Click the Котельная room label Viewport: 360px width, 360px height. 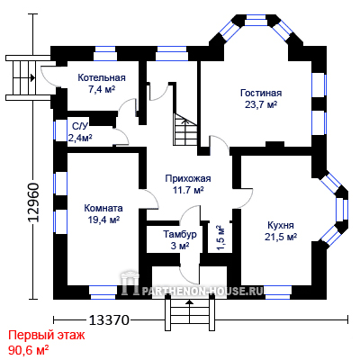(102, 77)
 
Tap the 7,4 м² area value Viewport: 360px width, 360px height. (102, 89)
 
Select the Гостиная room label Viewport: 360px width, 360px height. (261, 93)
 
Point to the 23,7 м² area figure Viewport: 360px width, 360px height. (261, 104)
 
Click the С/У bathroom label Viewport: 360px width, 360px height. (80, 126)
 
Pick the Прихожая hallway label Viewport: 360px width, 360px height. (188, 178)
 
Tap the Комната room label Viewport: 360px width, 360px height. (103, 208)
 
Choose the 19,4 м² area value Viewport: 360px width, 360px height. (103, 220)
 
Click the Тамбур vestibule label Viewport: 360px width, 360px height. (180, 234)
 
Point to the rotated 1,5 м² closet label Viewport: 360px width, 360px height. (220, 238)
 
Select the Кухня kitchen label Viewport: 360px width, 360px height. (281, 225)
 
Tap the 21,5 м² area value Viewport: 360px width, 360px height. (281, 237)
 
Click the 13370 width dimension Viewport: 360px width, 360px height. (109, 320)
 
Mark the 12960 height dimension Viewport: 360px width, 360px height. (33, 202)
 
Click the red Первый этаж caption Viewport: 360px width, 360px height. (47, 335)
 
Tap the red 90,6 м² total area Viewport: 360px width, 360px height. (29, 349)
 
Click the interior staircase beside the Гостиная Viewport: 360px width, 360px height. (185, 130)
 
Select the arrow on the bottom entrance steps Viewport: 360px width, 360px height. (189, 311)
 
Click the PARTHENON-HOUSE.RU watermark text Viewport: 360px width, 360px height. (202, 291)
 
